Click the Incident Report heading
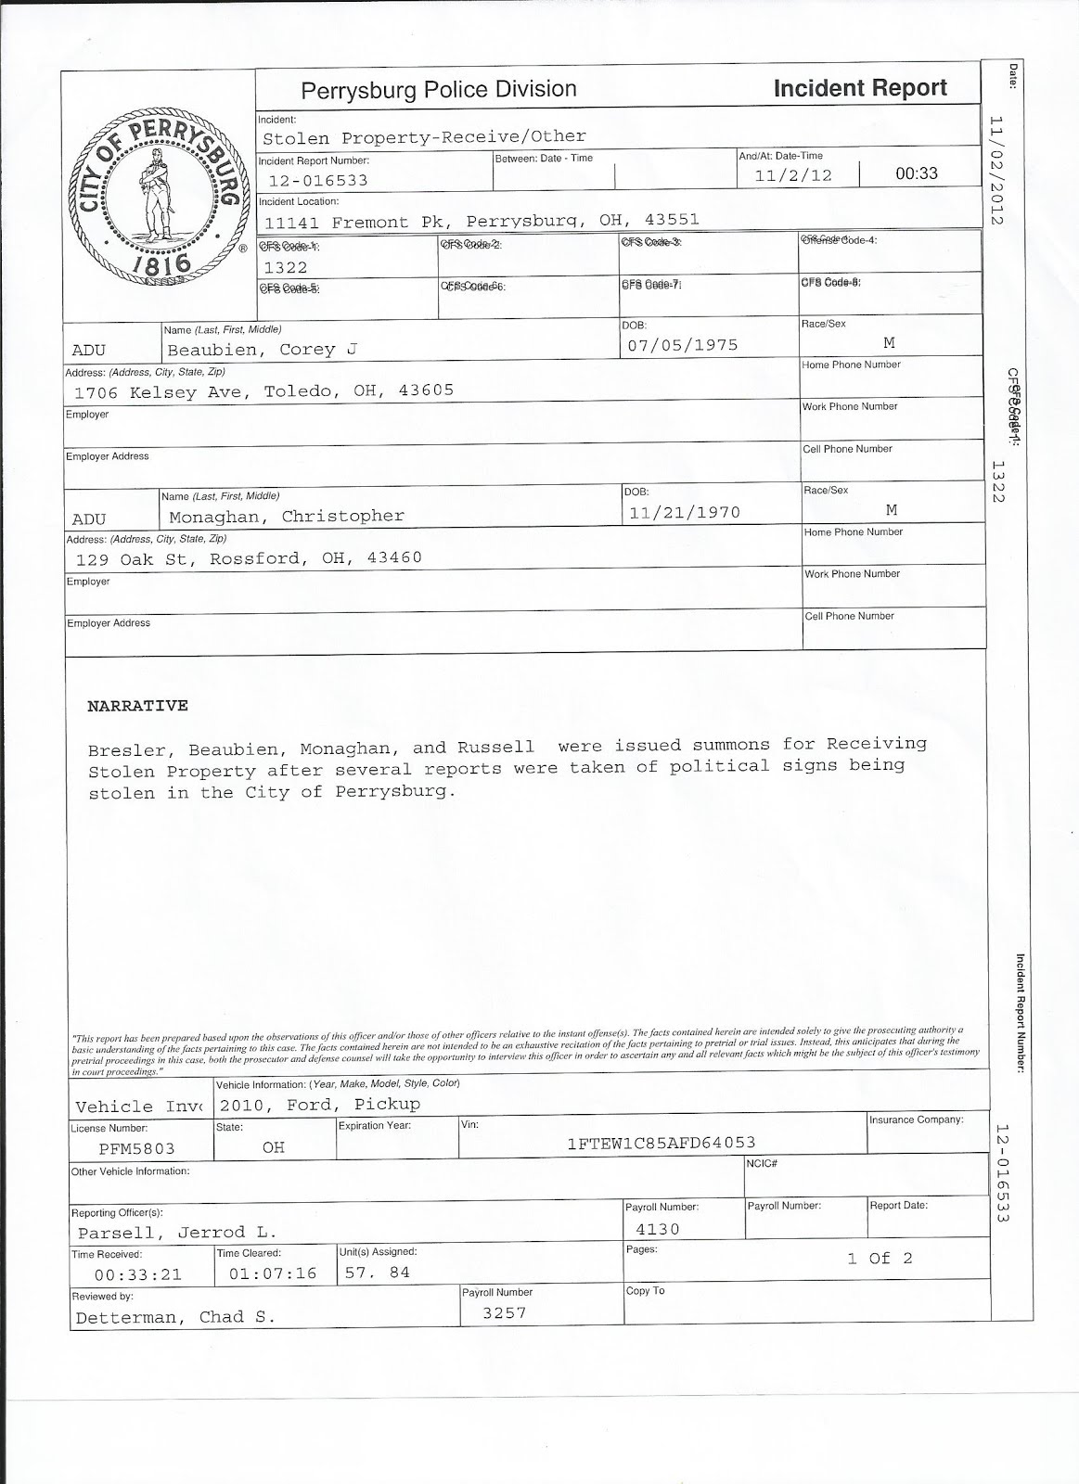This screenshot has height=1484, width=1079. point(859,88)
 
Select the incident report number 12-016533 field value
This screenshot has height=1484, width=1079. point(318,181)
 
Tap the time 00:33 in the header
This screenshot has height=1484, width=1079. point(916,173)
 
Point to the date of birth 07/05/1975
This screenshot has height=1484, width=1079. point(683,345)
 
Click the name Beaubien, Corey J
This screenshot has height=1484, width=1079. point(263,350)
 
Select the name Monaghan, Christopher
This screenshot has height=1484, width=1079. point(286,517)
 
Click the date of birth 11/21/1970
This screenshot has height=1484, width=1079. point(685,512)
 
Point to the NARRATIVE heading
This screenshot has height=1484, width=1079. point(137,706)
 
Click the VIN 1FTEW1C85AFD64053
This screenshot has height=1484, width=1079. point(662,1143)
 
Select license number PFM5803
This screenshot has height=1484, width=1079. point(124,1148)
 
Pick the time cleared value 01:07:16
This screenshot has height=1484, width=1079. point(266,1273)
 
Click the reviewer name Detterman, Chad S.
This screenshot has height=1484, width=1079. point(175,1317)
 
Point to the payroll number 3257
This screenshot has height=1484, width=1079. point(504,1312)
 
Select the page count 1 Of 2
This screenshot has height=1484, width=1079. point(880,1259)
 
